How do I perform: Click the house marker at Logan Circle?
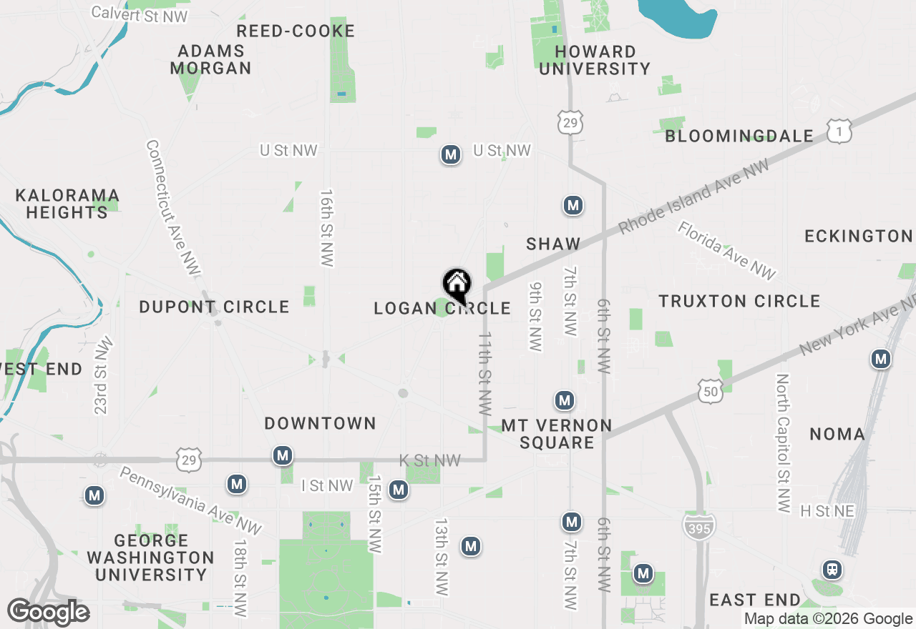coord(457,284)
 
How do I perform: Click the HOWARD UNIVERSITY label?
coord(595,60)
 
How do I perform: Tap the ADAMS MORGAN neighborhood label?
coord(211,60)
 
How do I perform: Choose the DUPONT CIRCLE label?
coord(214,307)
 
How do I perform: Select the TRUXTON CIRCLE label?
coord(739,301)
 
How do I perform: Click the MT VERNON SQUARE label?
coord(557,434)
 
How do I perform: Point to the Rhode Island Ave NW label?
coord(693,197)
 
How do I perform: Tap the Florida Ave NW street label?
coord(726,250)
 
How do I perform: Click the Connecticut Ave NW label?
coord(173,207)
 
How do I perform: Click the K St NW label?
coord(429,461)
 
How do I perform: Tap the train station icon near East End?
coord(832,570)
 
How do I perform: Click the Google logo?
coord(49,613)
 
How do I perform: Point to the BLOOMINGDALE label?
coord(739,136)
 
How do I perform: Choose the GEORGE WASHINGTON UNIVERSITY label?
coord(151,558)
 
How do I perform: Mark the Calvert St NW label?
coord(140,14)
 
